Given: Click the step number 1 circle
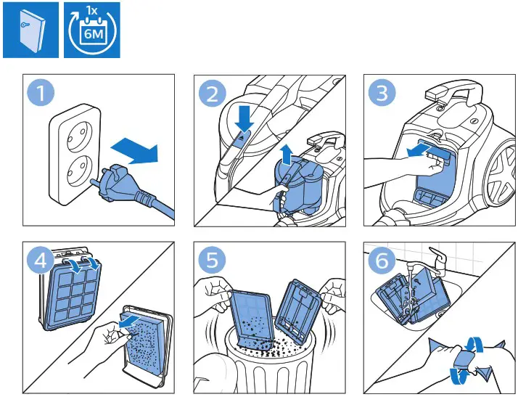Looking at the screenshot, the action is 41,93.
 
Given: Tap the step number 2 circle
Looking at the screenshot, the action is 212,93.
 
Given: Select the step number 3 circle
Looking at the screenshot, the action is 382,93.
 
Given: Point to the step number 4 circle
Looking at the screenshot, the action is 41,260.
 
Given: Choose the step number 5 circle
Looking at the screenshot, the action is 212,260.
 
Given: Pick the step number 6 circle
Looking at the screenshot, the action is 382,260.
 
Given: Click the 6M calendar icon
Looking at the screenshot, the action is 92,30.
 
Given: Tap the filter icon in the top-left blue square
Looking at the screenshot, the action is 32,30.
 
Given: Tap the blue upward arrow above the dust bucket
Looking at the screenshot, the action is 287,155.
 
